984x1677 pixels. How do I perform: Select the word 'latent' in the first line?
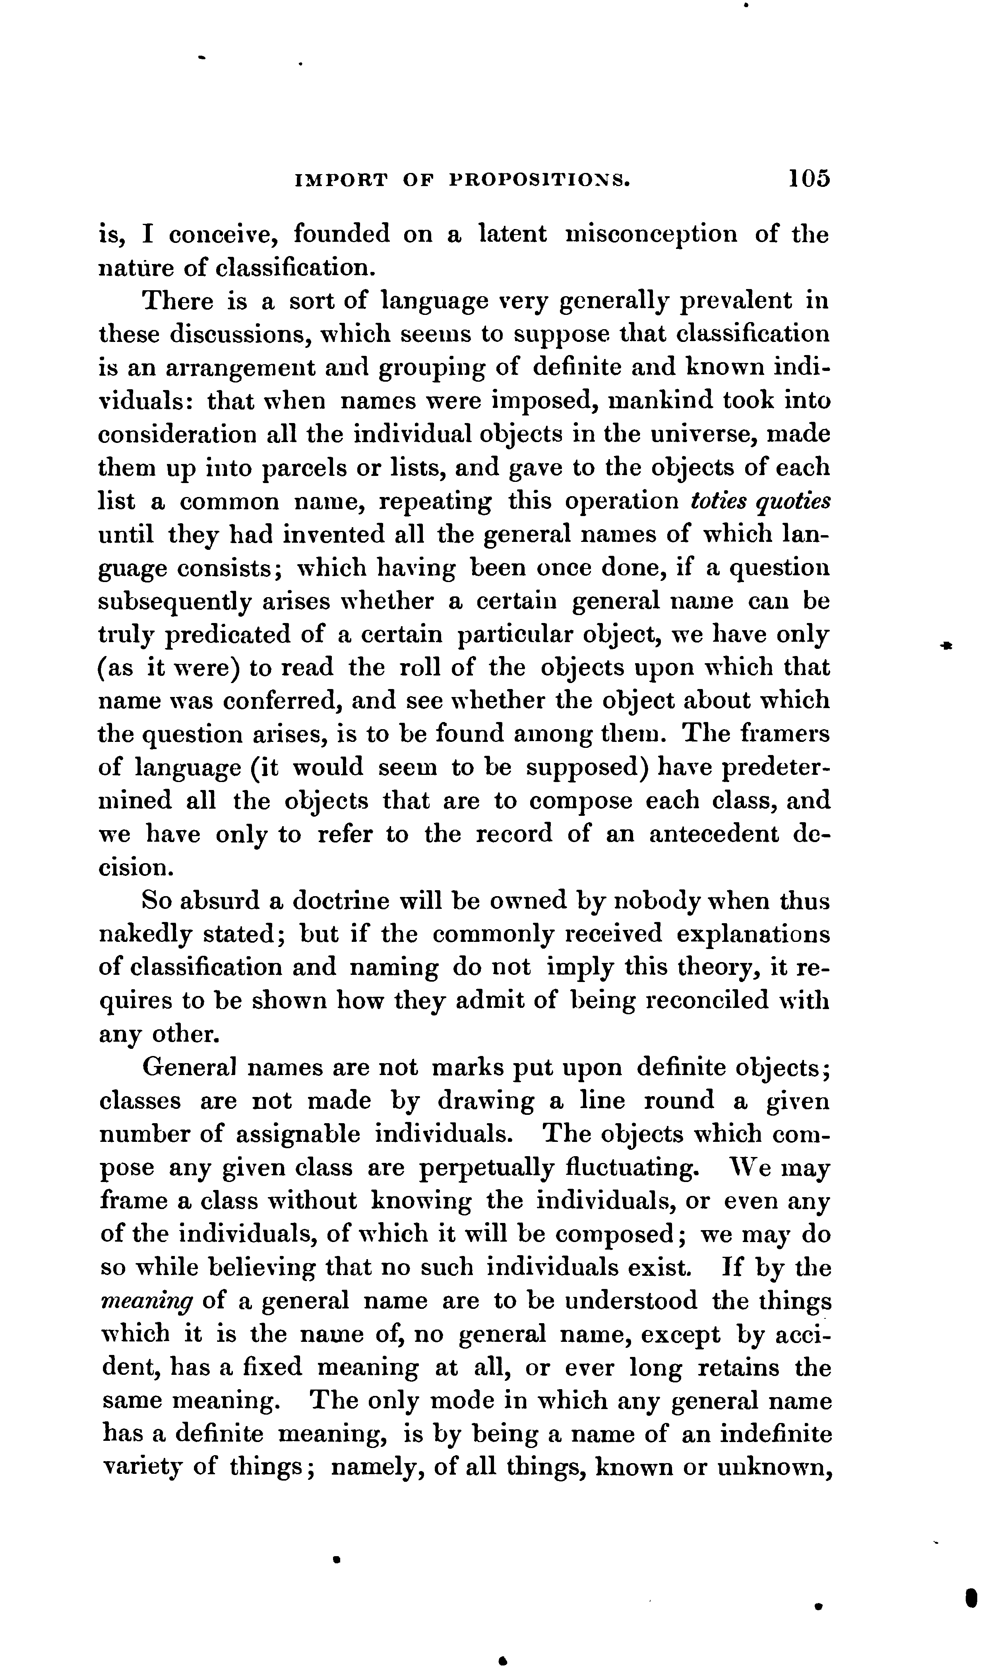(x=513, y=234)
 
